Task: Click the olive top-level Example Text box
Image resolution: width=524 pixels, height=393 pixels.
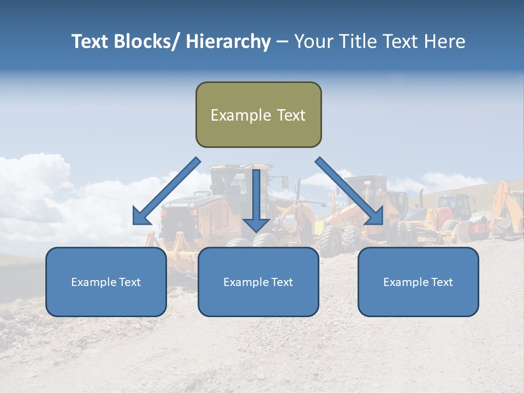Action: (x=258, y=115)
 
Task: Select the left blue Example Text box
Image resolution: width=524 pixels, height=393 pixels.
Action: (x=106, y=282)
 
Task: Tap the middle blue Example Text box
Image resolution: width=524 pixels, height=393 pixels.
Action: (x=258, y=282)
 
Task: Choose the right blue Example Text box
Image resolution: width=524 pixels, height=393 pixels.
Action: (x=418, y=282)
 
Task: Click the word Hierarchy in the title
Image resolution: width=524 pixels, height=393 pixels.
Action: (x=228, y=41)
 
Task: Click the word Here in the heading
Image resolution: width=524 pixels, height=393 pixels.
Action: (x=446, y=41)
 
